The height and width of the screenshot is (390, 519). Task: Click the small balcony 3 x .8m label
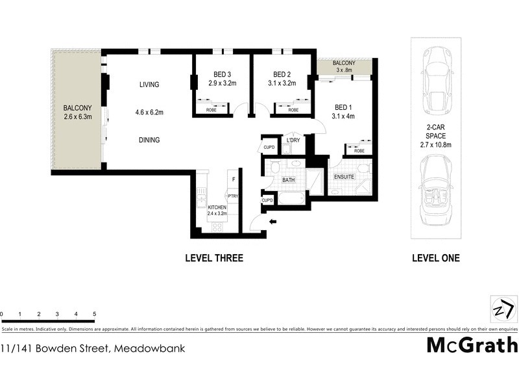[343, 66]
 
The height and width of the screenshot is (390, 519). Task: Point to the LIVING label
[149, 84]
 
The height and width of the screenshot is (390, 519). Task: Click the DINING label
[149, 140]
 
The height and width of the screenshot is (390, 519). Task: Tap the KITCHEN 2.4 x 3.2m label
[217, 210]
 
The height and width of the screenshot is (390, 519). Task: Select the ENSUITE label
[344, 177]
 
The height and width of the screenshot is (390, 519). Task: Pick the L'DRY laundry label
[293, 140]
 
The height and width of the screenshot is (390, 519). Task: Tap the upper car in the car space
[435, 81]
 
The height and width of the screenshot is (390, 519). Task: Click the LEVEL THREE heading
[214, 258]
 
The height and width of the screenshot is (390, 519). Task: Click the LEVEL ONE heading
[435, 258]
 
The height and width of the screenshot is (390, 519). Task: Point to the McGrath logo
[472, 344]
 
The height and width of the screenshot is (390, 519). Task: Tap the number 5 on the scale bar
[95, 314]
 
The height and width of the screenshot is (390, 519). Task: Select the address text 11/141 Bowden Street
[93, 348]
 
